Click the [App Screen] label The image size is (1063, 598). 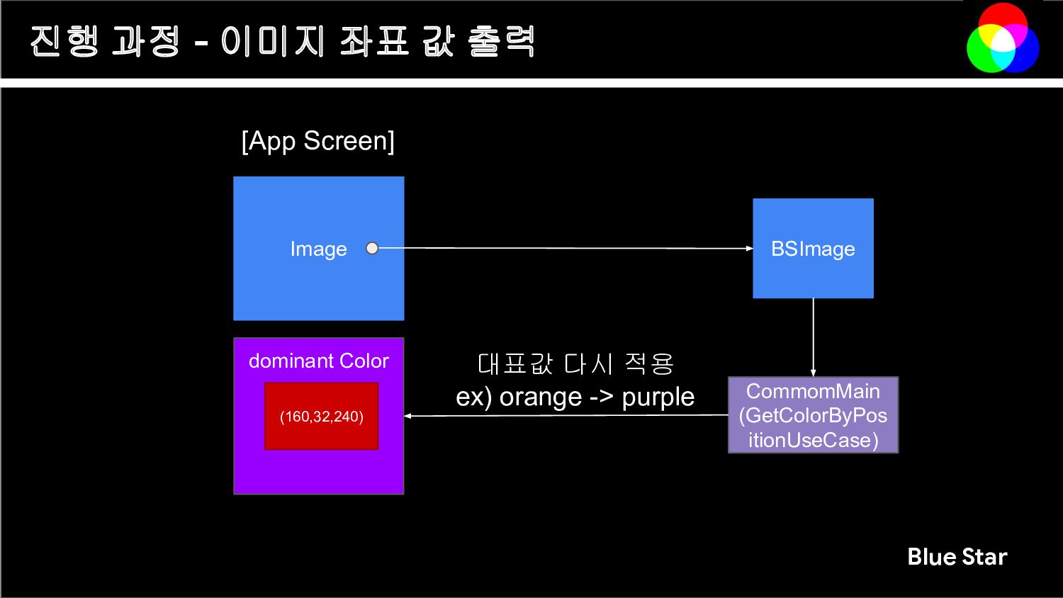pyautogui.click(x=317, y=141)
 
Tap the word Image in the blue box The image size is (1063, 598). pyautogui.click(x=318, y=249)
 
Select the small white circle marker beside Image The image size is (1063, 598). pyautogui.click(x=372, y=248)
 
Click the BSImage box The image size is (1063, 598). pyautogui.click(x=813, y=249)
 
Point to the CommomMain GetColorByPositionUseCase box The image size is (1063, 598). pyautogui.click(x=813, y=415)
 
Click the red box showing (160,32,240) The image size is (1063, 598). pyautogui.click(x=321, y=416)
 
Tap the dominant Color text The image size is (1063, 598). pyautogui.click(x=318, y=361)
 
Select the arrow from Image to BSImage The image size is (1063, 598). pyautogui.click(x=567, y=248)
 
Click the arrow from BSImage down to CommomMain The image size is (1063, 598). pyautogui.click(x=813, y=337)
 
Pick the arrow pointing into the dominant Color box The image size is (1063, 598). pyautogui.click(x=567, y=416)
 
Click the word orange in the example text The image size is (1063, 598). pyautogui.click(x=541, y=397)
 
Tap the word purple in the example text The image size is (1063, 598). pyautogui.click(x=658, y=397)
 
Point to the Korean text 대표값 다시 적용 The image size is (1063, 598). pyautogui.click(x=575, y=364)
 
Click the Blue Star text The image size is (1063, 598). pyautogui.click(x=957, y=557)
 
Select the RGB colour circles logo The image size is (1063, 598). pyautogui.click(x=1003, y=38)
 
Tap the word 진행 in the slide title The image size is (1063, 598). pyautogui.click(x=64, y=41)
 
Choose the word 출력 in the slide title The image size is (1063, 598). pyautogui.click(x=501, y=41)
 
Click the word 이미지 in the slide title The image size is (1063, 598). pyautogui.click(x=272, y=41)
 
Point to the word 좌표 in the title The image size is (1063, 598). pyautogui.click(x=374, y=41)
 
